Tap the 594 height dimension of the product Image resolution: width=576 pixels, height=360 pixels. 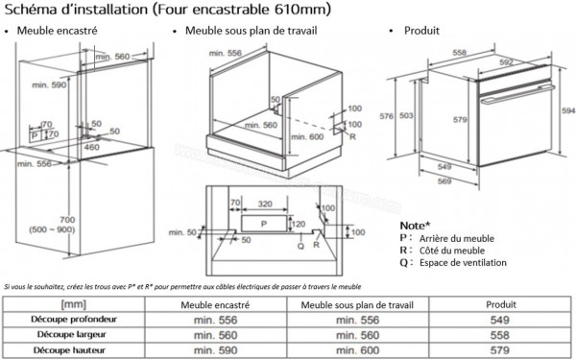point(567,111)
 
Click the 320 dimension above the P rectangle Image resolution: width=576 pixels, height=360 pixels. point(268,204)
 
